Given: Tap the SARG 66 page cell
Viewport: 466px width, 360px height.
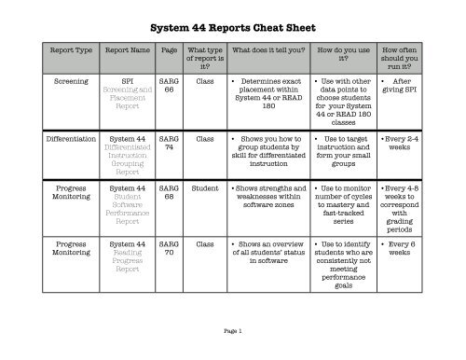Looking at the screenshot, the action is tap(169, 86).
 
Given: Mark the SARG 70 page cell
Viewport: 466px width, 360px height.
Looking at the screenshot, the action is tap(169, 245).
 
